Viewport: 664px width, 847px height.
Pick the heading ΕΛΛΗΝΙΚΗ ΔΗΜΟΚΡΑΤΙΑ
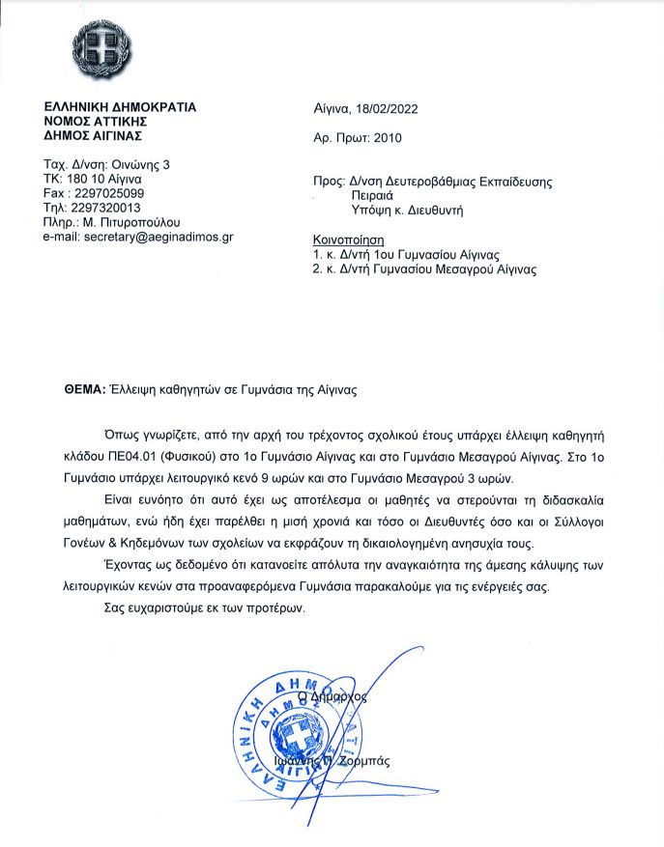[120, 107]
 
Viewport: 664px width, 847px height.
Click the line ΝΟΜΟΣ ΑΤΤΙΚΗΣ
[103, 122]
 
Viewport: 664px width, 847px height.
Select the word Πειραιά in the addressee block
[373, 193]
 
